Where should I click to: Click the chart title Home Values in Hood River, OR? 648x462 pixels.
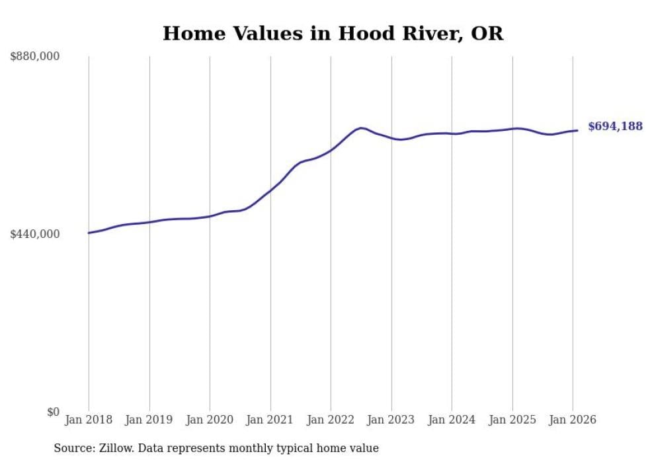(x=333, y=34)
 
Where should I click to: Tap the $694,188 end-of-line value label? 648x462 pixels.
(x=615, y=126)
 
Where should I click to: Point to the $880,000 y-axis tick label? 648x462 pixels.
(x=35, y=57)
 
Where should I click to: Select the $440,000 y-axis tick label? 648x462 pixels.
(x=35, y=234)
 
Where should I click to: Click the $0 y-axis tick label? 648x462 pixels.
(x=53, y=412)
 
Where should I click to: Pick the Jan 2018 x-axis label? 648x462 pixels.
(x=89, y=420)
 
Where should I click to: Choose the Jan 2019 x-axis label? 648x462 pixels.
(x=149, y=420)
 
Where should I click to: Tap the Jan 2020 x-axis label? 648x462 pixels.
(x=210, y=420)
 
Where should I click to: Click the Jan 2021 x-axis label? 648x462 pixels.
(x=270, y=420)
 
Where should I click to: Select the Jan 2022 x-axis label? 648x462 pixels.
(x=331, y=420)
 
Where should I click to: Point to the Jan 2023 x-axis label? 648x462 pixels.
(x=391, y=420)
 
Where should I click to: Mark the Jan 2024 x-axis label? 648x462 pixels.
(x=452, y=420)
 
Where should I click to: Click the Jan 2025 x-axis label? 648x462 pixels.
(x=512, y=420)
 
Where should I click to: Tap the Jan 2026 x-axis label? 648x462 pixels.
(x=573, y=420)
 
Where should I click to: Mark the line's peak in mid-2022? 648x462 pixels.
(x=361, y=128)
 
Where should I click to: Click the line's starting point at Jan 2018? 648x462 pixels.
(x=89, y=233)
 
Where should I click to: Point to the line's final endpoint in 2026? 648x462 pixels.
(x=577, y=130)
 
